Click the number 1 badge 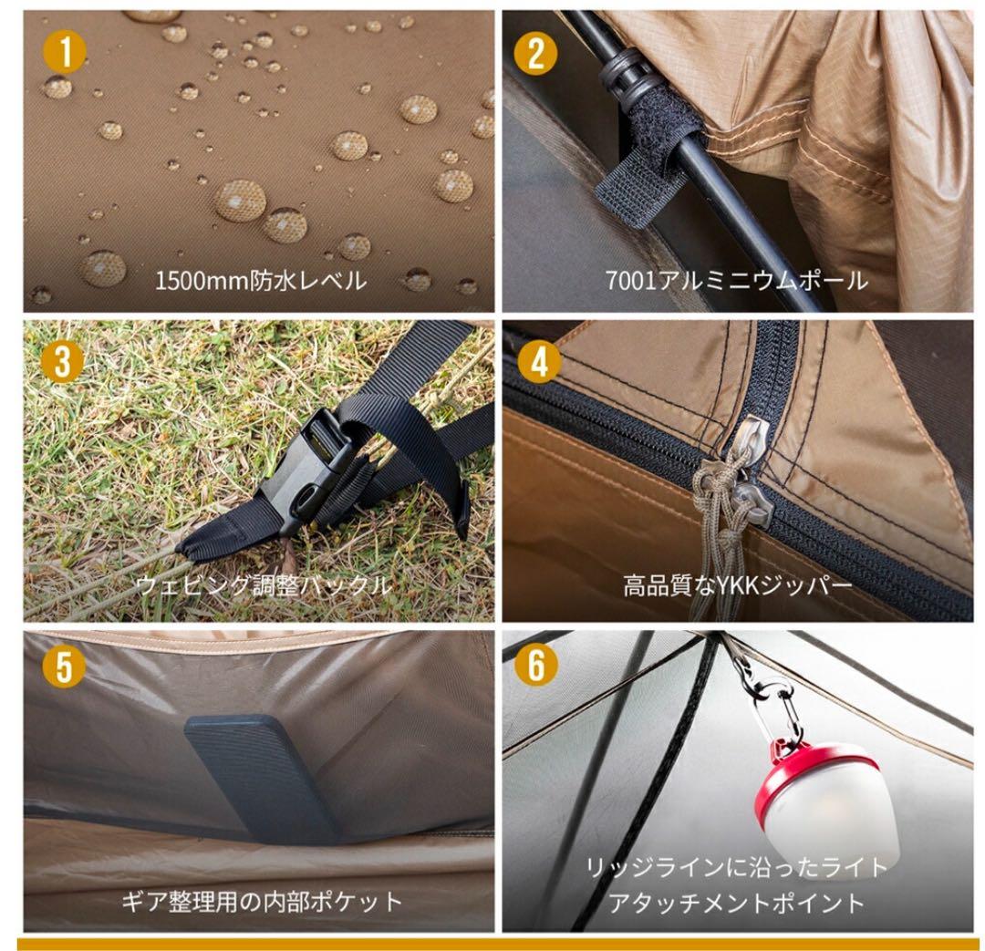tap(63, 53)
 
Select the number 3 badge tap(63, 362)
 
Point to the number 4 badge tap(538, 362)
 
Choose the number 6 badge tap(536, 667)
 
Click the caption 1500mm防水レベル tap(260, 280)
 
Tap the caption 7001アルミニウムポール tap(736, 280)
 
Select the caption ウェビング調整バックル tap(264, 584)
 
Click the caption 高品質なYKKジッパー tap(737, 584)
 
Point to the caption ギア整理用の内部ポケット tap(262, 902)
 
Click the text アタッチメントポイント tap(736, 903)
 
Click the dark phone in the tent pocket tap(261, 776)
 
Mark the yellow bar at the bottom tap(497, 944)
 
